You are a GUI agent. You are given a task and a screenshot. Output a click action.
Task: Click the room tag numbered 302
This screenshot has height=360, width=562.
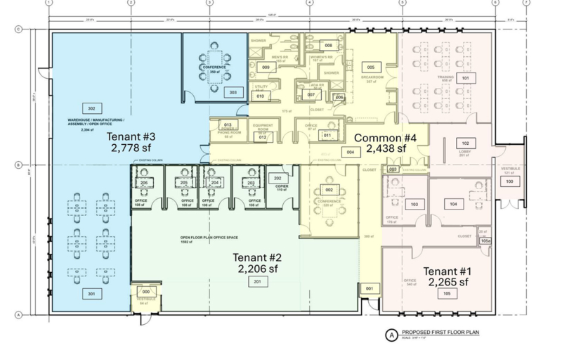[x=91, y=108]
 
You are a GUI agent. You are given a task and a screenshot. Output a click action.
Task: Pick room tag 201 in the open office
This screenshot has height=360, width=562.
[x=256, y=282]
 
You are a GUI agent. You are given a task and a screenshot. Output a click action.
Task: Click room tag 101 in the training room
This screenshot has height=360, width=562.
[x=465, y=79]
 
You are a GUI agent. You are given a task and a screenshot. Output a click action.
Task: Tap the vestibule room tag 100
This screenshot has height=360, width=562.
[x=510, y=181]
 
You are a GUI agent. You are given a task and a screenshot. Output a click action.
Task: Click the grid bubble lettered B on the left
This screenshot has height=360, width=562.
[x=18, y=165]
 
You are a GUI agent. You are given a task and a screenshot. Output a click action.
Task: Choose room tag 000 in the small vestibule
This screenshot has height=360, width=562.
[x=146, y=291]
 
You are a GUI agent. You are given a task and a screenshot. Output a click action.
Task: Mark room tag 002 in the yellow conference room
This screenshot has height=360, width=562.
[x=328, y=190]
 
